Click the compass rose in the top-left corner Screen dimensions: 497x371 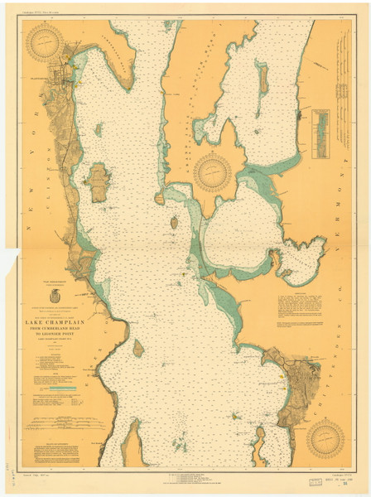coord(45,43)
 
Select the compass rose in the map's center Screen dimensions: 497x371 coord(215,171)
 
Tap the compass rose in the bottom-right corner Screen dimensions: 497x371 coord(325,439)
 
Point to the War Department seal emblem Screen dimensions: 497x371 coord(55,297)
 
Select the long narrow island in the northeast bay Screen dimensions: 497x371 coord(263,79)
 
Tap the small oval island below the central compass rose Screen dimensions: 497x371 coord(175,223)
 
